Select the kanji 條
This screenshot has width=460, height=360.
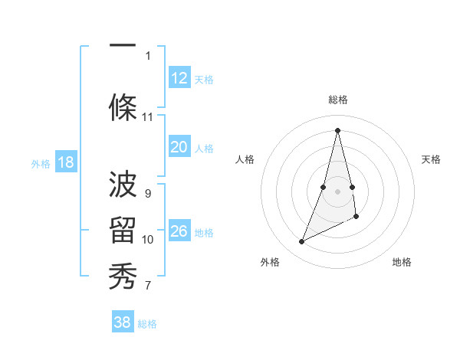click(123, 103)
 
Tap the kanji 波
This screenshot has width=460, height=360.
click(123, 184)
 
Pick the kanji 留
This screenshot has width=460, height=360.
click(123, 231)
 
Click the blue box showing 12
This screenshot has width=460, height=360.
click(179, 78)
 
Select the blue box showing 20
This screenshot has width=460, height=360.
click(179, 148)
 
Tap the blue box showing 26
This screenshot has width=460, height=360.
click(179, 232)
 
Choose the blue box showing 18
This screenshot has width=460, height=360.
click(65, 162)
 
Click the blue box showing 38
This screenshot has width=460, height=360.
click(123, 322)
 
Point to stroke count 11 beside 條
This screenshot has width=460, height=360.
click(148, 117)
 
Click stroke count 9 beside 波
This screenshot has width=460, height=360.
click(148, 193)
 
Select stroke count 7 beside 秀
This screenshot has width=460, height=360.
click(148, 286)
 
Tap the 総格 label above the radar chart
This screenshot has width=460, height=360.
click(338, 100)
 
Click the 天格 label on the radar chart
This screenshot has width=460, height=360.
click(432, 159)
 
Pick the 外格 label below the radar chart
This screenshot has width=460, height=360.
click(270, 262)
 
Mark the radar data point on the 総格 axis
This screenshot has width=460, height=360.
click(337, 129)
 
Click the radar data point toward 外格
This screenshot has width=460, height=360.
click(301, 242)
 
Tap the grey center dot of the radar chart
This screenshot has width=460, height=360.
click(337, 180)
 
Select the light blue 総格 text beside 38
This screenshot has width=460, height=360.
click(147, 324)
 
